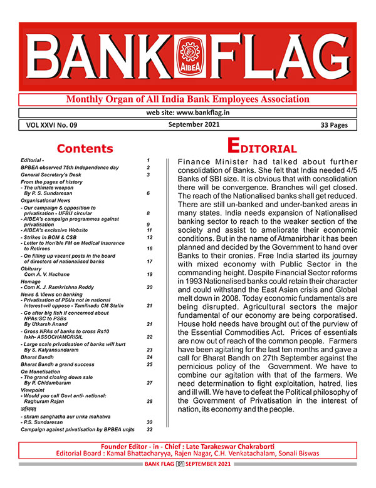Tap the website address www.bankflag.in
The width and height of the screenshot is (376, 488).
coord(187,113)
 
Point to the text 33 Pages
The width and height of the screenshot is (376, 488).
coord(329,125)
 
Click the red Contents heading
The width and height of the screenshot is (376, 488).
coord(85,148)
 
